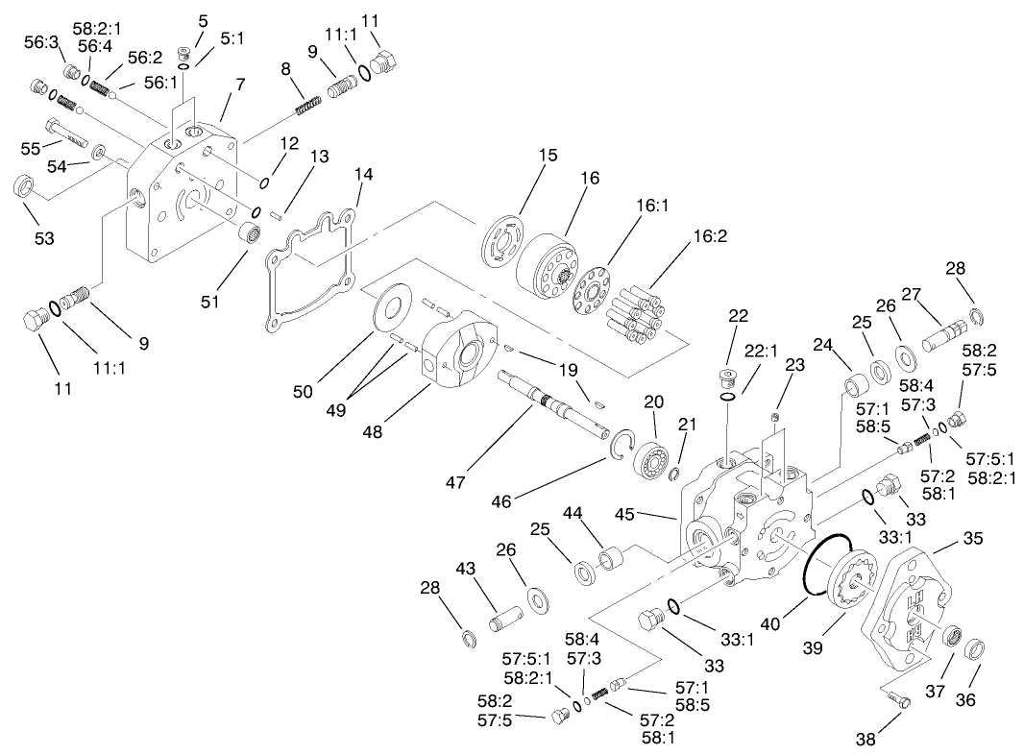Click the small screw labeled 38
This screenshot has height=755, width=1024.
point(898,701)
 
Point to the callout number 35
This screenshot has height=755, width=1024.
point(973,538)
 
